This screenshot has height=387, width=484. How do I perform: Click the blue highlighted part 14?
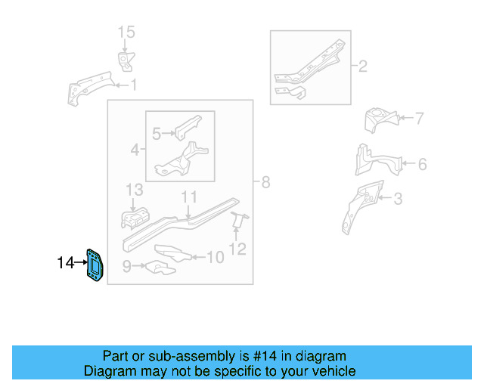[x=95, y=266]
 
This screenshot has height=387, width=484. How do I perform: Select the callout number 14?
[x=66, y=263]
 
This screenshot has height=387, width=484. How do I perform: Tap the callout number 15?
[x=126, y=32]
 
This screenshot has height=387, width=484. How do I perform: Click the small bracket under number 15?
[x=124, y=60]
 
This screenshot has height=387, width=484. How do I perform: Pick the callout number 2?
[x=362, y=67]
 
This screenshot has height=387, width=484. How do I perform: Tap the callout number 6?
[x=422, y=164]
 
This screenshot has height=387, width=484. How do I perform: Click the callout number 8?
[x=265, y=182]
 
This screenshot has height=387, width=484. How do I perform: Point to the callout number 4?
[x=135, y=150]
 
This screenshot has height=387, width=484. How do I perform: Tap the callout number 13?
[x=134, y=189]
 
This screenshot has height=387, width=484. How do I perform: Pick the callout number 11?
[x=188, y=197]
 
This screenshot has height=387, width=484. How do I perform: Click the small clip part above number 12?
[x=238, y=220]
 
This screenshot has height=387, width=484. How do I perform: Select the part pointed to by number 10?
[x=170, y=253]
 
